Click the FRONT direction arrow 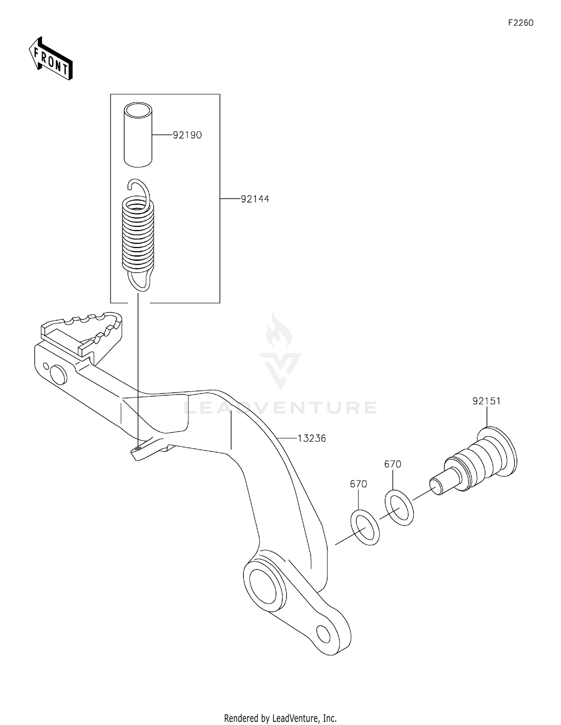coord(50,59)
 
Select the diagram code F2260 coord(521,23)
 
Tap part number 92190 coord(187,135)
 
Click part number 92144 coord(255,199)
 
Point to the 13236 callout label coord(312,438)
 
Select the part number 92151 coord(486,401)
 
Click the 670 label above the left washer coord(358,484)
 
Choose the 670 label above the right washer coord(393,464)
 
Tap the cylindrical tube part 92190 coord(138,135)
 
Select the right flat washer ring coord(399,507)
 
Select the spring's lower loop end coord(140,281)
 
